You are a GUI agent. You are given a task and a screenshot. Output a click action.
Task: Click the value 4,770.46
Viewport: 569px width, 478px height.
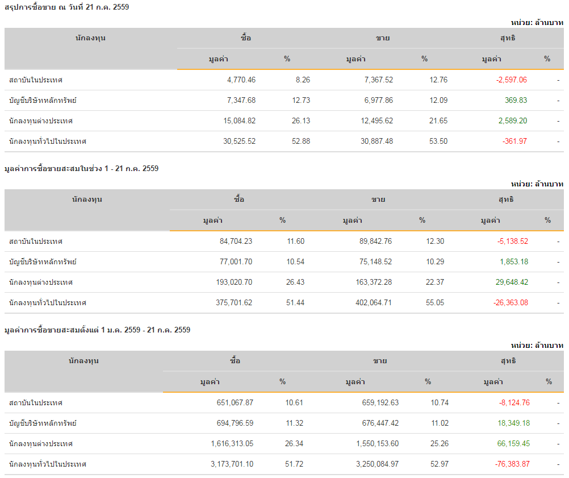241,80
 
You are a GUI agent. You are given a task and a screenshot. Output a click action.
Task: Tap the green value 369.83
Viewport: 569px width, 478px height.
516,101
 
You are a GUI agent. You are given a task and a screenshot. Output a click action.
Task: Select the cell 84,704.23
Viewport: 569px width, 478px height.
236,242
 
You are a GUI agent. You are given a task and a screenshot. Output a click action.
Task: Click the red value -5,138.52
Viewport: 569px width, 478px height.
512,242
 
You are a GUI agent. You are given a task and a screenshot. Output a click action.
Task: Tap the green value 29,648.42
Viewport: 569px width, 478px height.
511,282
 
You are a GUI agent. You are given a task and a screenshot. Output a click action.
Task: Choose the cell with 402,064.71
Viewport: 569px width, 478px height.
370,303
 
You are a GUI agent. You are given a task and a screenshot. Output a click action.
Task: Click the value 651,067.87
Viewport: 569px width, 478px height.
235,403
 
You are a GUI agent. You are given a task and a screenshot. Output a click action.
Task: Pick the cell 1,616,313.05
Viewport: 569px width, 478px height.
232,444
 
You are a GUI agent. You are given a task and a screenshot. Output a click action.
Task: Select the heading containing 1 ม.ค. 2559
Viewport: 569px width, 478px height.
97,330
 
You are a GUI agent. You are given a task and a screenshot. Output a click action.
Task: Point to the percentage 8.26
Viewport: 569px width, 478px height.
303,80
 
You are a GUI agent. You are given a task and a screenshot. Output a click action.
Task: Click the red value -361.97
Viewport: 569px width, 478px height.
514,142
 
